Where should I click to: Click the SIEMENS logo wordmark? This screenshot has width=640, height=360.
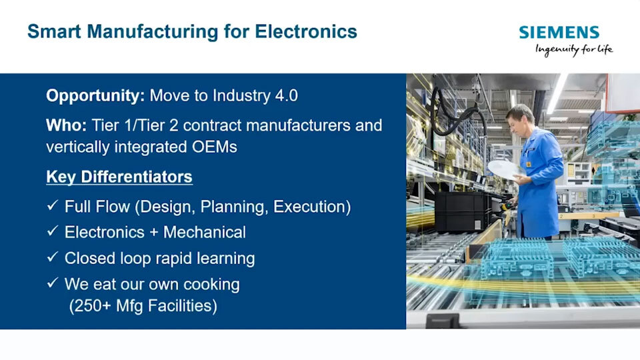(x=559, y=32)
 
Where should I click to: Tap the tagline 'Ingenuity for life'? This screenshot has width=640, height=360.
(x=574, y=50)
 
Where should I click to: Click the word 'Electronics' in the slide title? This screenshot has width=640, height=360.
(x=306, y=31)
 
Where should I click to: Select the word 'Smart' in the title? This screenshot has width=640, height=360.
(x=54, y=31)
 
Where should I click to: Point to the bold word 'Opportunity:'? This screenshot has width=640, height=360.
(x=95, y=96)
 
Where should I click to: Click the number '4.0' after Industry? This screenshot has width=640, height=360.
(x=286, y=95)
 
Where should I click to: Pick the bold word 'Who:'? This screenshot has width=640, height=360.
(x=66, y=125)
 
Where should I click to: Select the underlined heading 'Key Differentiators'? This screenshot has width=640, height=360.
(x=119, y=177)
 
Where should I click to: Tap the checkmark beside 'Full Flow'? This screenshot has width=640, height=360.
(x=52, y=205)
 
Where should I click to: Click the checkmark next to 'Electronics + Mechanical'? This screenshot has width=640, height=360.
(x=52, y=231)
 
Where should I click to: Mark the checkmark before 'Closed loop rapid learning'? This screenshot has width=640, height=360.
(x=52, y=257)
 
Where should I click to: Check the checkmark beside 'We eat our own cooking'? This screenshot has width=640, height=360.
(x=52, y=283)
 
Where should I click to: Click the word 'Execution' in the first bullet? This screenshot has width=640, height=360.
(x=310, y=207)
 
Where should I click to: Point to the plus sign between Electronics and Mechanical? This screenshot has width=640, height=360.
(x=154, y=233)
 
